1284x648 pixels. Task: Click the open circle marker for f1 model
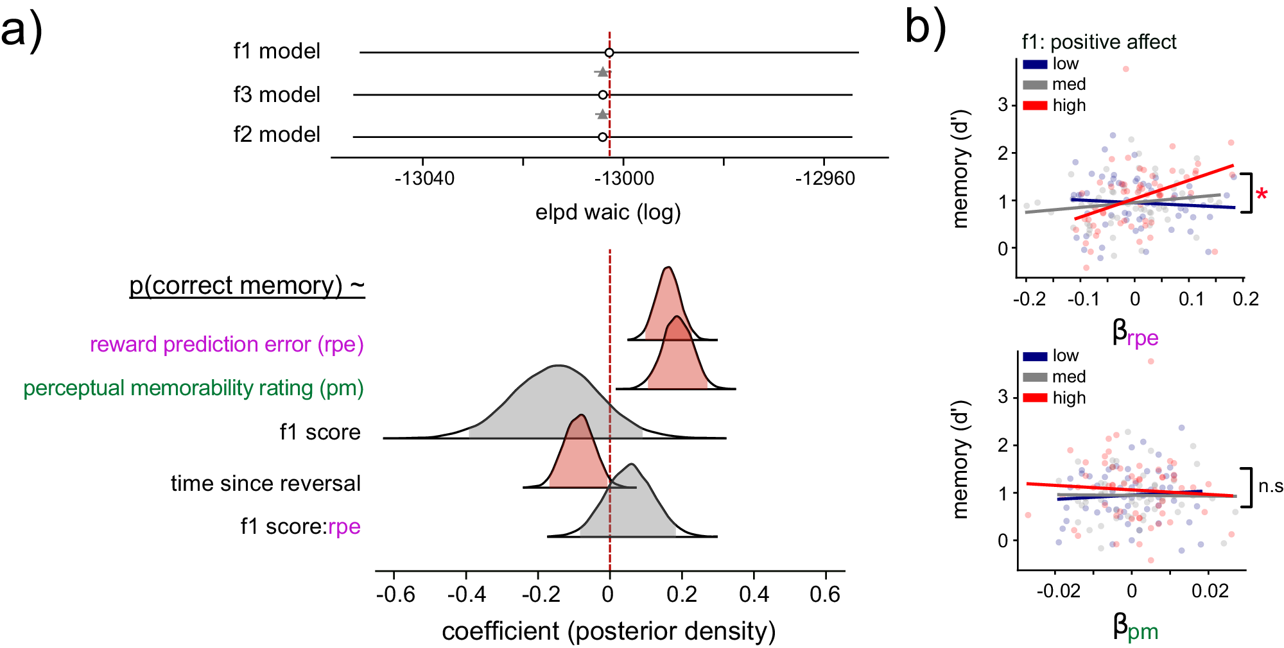[x=609, y=53]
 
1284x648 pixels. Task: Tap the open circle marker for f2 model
[x=602, y=137]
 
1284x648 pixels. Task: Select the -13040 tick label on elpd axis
[x=424, y=178]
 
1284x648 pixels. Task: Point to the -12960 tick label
[x=825, y=178]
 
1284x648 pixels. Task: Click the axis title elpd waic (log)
[x=608, y=212]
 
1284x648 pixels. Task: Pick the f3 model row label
[x=277, y=95]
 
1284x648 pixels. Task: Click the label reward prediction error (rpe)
[x=227, y=345]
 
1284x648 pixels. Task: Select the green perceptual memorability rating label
[x=193, y=388]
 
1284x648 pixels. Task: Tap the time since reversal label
[x=265, y=483]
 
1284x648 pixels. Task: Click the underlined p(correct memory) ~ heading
[x=247, y=286]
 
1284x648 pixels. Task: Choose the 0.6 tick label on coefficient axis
[x=825, y=595]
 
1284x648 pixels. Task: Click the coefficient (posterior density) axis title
[x=609, y=631]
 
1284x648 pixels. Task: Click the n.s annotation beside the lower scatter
[x=1270, y=486]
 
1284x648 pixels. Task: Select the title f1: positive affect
[x=1099, y=42]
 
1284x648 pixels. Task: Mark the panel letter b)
[x=925, y=29]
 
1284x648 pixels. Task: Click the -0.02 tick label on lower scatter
[x=1058, y=591]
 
